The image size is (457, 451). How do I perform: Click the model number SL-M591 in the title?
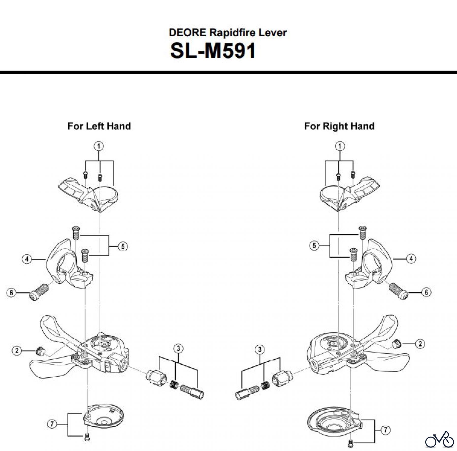pyautogui.click(x=213, y=51)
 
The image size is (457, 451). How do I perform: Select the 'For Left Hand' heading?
pyautogui.click(x=99, y=126)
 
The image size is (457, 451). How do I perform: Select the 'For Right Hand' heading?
pyautogui.click(x=339, y=126)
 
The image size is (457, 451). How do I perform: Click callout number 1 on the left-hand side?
pyautogui.click(x=99, y=146)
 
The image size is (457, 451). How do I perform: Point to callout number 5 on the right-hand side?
pyautogui.click(x=314, y=246)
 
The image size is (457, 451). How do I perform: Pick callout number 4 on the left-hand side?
pyautogui.click(x=27, y=259)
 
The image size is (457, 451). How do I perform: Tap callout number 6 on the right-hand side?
pyautogui.click(x=426, y=292)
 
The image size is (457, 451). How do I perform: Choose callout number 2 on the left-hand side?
pyautogui.click(x=17, y=351)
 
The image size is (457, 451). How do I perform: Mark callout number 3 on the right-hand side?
pyautogui.click(x=259, y=350)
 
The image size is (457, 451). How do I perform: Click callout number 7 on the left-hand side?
pyautogui.click(x=52, y=424)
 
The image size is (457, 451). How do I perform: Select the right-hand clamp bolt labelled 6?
pyautogui.click(x=399, y=291)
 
